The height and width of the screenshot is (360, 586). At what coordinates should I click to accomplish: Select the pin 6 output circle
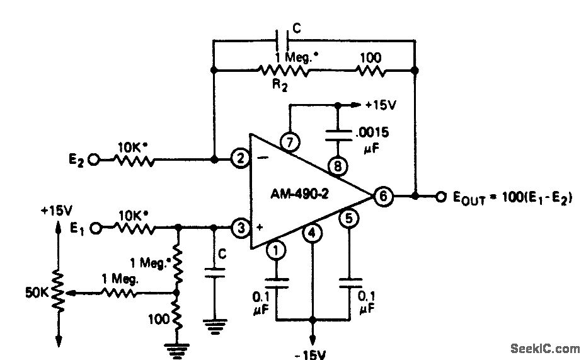[382, 196]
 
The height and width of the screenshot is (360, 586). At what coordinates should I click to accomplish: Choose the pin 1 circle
[276, 250]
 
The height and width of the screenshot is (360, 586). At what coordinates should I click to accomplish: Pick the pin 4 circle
[312, 234]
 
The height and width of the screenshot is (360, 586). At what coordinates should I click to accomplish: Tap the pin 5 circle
[347, 219]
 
